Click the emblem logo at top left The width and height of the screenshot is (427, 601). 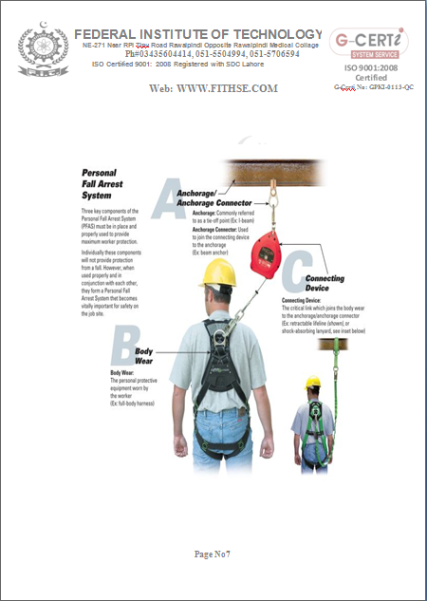pos(37,48)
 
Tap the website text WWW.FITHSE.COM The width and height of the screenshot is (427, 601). pos(213,88)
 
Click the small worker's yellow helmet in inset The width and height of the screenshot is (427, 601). pos(312,384)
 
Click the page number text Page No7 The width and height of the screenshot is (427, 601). pos(213,554)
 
